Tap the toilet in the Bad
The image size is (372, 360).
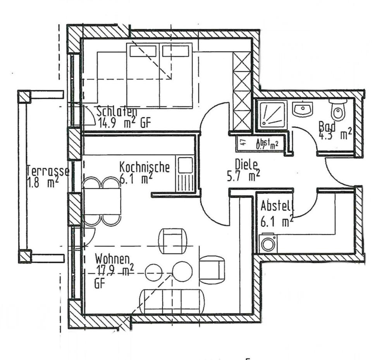point(338,110)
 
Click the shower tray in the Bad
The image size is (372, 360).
point(273,114)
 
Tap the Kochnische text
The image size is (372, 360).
point(144,167)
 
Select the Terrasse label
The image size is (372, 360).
point(48,171)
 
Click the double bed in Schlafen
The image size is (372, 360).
point(159,75)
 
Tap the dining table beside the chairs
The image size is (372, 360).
point(102,201)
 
